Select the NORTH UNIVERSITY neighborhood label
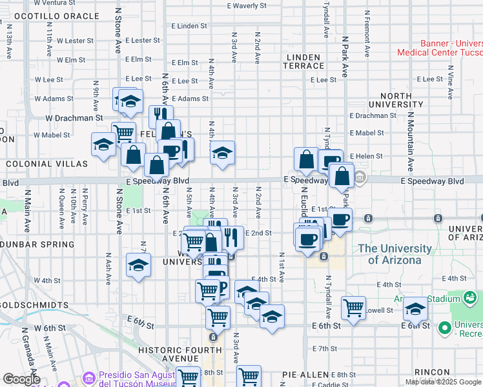tap(396, 99)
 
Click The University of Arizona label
tap(395, 254)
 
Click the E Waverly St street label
tap(247, 6)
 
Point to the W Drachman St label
tap(74, 118)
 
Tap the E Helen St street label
tap(366, 156)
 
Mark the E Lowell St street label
tap(380, 310)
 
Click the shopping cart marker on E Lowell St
tap(353, 308)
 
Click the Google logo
tap(21, 379)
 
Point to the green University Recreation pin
tap(444, 328)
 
